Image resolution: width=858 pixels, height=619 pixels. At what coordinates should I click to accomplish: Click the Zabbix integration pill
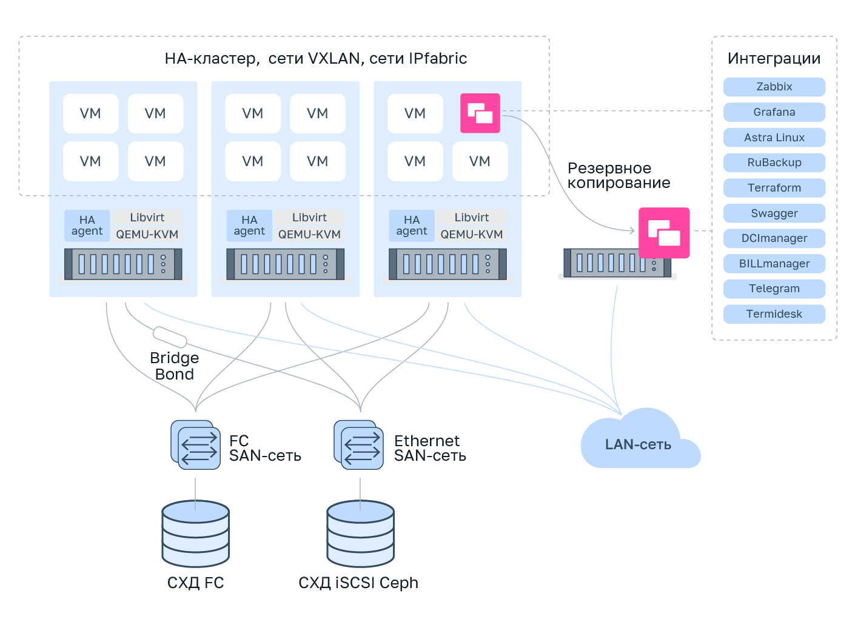pyautogui.click(x=774, y=87)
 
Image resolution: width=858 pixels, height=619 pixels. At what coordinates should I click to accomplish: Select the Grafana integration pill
pyautogui.click(x=774, y=112)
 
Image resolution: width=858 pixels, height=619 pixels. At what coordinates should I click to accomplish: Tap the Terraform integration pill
pyautogui.click(x=774, y=188)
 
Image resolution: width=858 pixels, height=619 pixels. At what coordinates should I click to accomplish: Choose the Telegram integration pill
pyautogui.click(x=774, y=289)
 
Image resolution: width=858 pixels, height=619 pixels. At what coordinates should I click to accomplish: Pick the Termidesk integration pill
pyautogui.click(x=774, y=314)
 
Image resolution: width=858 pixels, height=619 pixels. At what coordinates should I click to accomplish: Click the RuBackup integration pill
pyautogui.click(x=774, y=162)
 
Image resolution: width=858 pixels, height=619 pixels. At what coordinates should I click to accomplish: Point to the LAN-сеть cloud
pyautogui.click(x=638, y=444)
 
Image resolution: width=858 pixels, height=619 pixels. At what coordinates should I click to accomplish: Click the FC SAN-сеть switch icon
pyautogui.click(x=196, y=445)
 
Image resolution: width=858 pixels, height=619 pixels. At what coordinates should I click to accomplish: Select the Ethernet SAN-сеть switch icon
pyautogui.click(x=359, y=445)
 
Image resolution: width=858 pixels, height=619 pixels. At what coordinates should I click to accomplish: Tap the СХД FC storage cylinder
pyautogui.click(x=195, y=534)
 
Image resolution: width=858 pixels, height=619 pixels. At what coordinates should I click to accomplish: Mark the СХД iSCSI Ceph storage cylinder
pyautogui.click(x=360, y=534)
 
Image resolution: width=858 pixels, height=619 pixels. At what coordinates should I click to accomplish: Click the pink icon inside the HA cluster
pyautogui.click(x=480, y=113)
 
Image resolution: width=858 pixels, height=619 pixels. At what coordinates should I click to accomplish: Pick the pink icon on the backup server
pyautogui.click(x=664, y=233)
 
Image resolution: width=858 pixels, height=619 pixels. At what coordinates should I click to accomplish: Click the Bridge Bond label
pyautogui.click(x=174, y=366)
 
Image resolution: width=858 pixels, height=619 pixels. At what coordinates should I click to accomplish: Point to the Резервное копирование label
pyautogui.click(x=618, y=176)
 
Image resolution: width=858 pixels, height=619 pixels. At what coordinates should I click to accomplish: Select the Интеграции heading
pyautogui.click(x=774, y=59)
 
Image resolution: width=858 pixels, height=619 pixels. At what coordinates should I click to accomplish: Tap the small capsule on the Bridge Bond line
pyautogui.click(x=170, y=336)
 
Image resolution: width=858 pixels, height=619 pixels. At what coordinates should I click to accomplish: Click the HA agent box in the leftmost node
pyautogui.click(x=87, y=226)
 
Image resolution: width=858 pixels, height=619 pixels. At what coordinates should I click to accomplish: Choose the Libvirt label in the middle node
pyautogui.click(x=309, y=218)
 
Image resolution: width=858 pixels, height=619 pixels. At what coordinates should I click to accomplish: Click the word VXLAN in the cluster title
pyautogui.click(x=333, y=59)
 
